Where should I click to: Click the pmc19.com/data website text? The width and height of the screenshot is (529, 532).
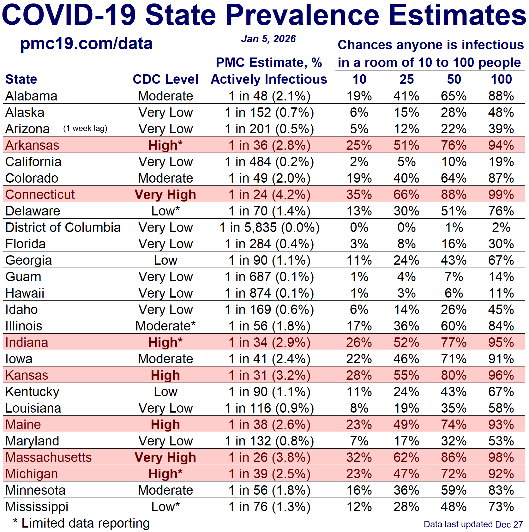pyautogui.click(x=86, y=44)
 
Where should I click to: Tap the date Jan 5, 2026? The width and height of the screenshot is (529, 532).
pyautogui.click(x=268, y=39)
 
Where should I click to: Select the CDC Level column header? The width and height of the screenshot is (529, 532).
pyautogui.click(x=165, y=79)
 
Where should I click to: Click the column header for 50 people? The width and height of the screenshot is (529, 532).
pyautogui.click(x=454, y=79)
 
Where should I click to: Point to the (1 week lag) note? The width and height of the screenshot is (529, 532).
pyautogui.click(x=85, y=129)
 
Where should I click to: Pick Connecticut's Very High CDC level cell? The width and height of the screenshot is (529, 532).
pyautogui.click(x=165, y=195)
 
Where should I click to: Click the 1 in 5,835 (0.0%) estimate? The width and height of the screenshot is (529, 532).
pyautogui.click(x=269, y=227)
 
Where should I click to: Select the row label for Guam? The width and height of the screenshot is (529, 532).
pyautogui.click(x=23, y=277)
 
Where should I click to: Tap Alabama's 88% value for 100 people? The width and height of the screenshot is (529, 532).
pyautogui.click(x=501, y=96)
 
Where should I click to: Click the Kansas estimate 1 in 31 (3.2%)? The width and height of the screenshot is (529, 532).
pyautogui.click(x=269, y=375)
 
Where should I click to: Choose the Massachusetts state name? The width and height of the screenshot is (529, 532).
pyautogui.click(x=48, y=457)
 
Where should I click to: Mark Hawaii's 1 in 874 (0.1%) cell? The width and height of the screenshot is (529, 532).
pyautogui.click(x=269, y=293)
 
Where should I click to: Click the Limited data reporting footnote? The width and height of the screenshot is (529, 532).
pyautogui.click(x=81, y=523)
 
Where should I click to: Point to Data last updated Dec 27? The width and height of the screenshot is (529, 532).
pyautogui.click(x=473, y=524)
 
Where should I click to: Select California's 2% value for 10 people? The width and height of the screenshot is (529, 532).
pyautogui.click(x=359, y=162)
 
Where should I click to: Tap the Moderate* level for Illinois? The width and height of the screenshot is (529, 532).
pyautogui.click(x=165, y=326)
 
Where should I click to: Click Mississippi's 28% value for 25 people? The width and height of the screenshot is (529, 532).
pyautogui.click(x=406, y=507)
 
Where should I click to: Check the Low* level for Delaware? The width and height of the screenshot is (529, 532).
pyautogui.click(x=165, y=211)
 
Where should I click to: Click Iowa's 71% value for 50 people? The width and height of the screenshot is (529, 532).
pyautogui.click(x=454, y=359)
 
